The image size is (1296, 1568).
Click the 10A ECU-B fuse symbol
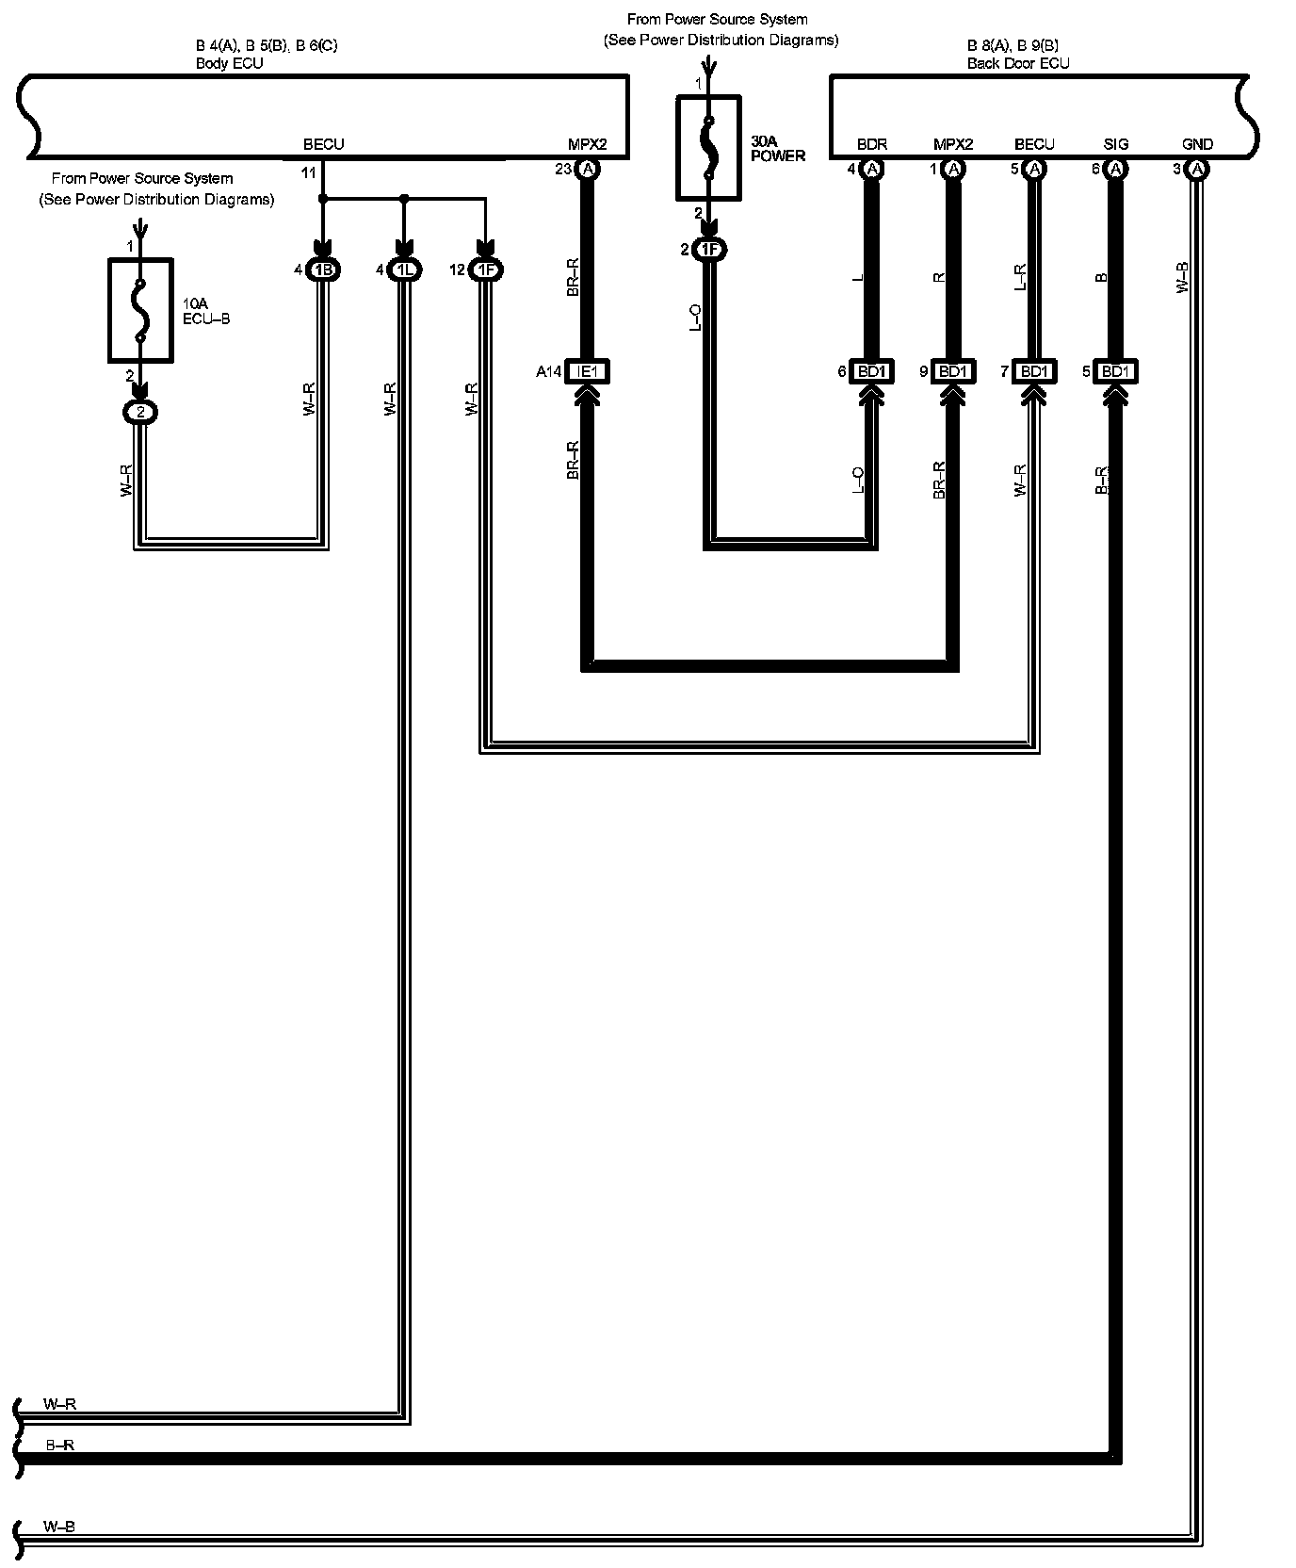140,310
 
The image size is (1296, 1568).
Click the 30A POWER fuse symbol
708,147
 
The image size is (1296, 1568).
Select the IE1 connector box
587,372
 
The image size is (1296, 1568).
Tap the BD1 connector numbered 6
871,372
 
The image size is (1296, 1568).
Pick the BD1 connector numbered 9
952,372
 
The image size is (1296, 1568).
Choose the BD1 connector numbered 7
1033,372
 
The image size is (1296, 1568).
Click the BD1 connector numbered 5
1114,372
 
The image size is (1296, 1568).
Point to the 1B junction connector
323,270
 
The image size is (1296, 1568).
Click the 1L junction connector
404,270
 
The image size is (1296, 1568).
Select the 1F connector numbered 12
485,270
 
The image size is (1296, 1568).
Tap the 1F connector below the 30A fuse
709,250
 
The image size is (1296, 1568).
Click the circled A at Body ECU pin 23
588,170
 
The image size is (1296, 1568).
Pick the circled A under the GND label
1196,170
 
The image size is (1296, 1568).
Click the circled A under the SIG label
1115,170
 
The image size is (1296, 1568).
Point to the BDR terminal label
871,144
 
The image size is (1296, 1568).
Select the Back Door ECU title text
1017,64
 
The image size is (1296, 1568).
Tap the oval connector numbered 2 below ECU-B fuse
140,413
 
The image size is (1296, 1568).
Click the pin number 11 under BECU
309,173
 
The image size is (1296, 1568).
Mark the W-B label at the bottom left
59,1527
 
